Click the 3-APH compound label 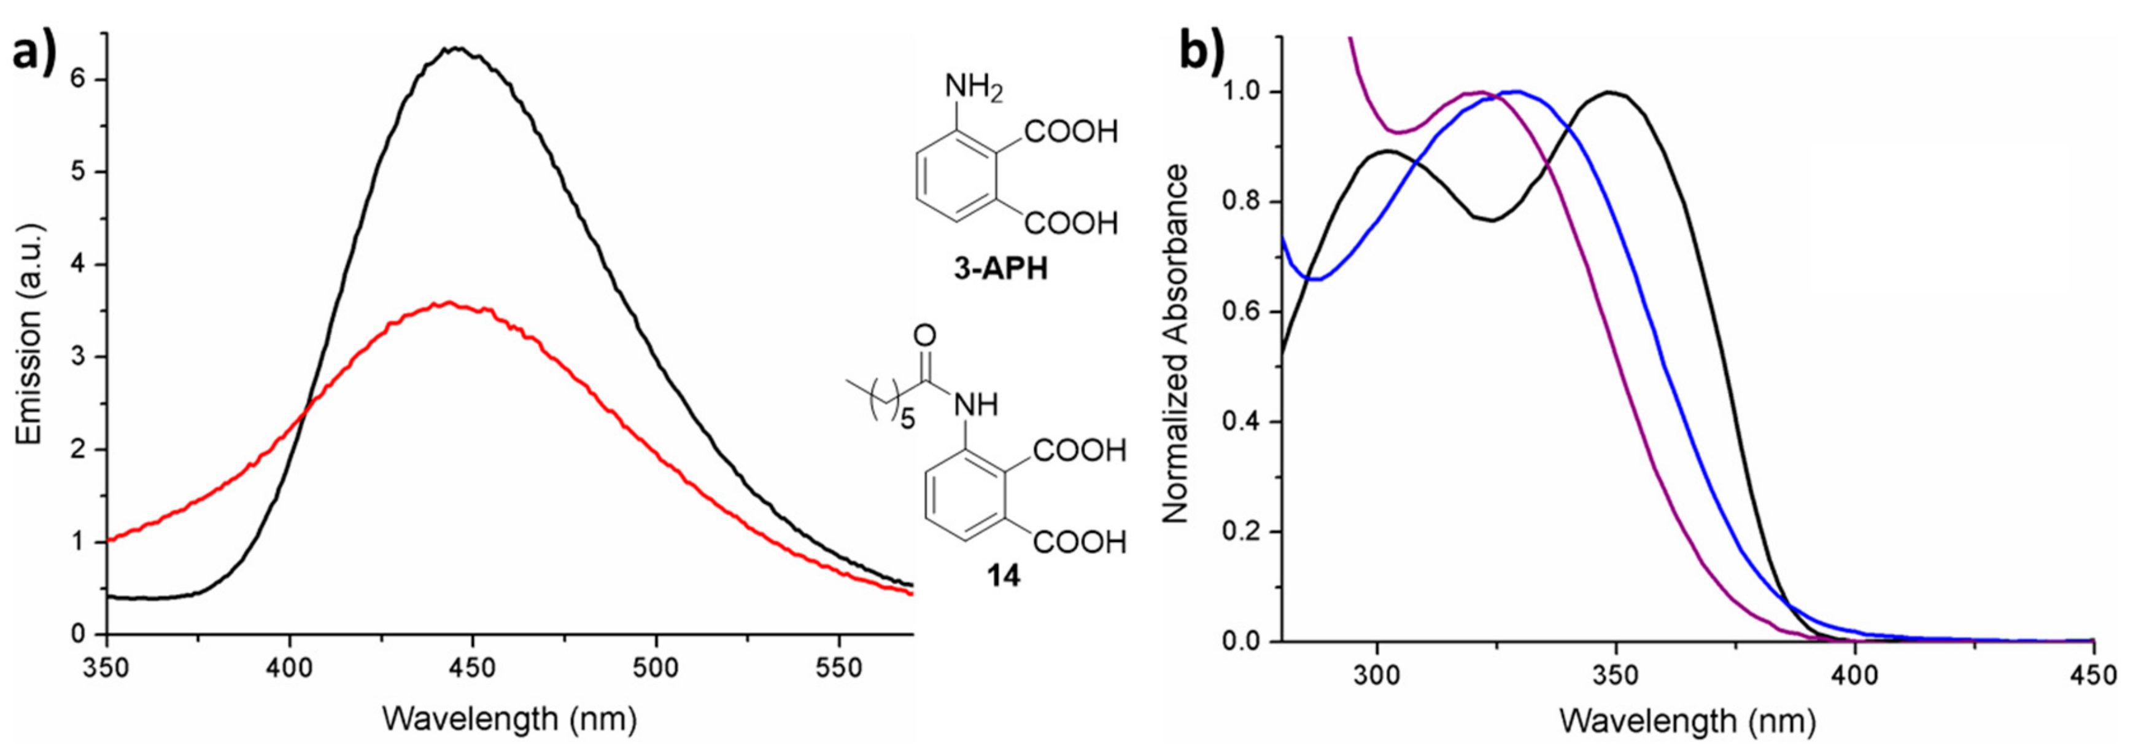pyautogui.click(x=1001, y=269)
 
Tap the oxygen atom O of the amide pyautogui.click(x=925, y=335)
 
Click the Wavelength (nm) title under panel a pyautogui.click(x=509, y=717)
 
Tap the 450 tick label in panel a pyautogui.click(x=473, y=667)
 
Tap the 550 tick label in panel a pyautogui.click(x=840, y=667)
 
